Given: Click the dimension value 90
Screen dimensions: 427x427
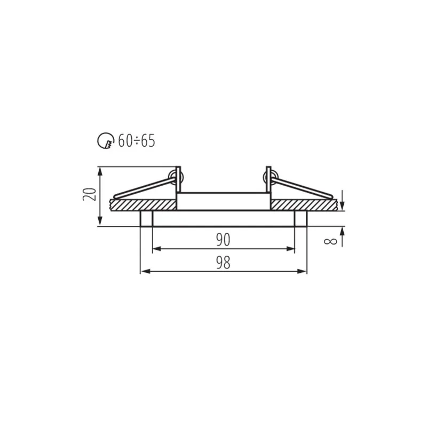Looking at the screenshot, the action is [223, 240].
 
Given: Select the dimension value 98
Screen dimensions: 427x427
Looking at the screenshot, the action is [223, 263].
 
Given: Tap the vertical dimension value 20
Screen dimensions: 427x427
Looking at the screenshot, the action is [90, 194].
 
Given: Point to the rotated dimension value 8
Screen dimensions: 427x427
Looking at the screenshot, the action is [330, 241].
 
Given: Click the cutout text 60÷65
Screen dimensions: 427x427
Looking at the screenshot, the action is [137, 141].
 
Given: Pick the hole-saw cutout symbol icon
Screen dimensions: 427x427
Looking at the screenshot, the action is [106, 141].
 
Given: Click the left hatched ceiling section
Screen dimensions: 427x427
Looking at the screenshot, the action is [143, 205].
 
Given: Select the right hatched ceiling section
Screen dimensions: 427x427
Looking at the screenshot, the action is [304, 205].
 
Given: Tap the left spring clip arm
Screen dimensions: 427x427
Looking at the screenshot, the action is [144, 188].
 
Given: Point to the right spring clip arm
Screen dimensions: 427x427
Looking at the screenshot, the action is [302, 188].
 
